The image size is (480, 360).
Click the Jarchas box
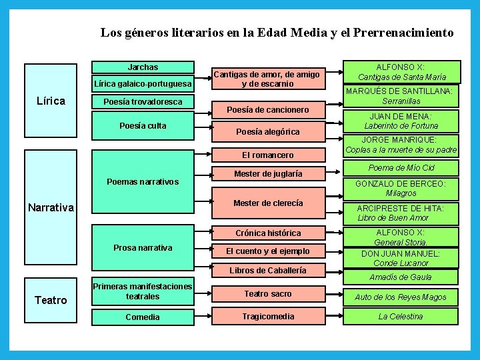point(143,67)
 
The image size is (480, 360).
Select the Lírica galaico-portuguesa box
point(143,84)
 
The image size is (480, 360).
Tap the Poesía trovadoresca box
point(143,102)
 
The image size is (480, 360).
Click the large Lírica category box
point(51,101)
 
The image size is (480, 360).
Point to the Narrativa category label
point(51,207)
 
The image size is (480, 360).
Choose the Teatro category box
point(51,300)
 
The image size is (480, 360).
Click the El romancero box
point(267,155)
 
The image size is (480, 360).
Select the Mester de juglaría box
point(267,174)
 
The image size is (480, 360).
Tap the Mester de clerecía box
point(267,203)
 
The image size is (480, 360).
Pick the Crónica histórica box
point(267,233)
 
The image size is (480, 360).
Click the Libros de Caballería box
point(267,271)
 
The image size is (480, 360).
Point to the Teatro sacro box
point(267,294)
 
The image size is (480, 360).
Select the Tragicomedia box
point(267,317)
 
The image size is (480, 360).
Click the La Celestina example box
point(401,317)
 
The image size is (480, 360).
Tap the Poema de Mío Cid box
point(401,168)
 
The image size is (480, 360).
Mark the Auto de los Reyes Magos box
point(401,297)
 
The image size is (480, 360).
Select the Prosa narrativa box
point(143,248)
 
